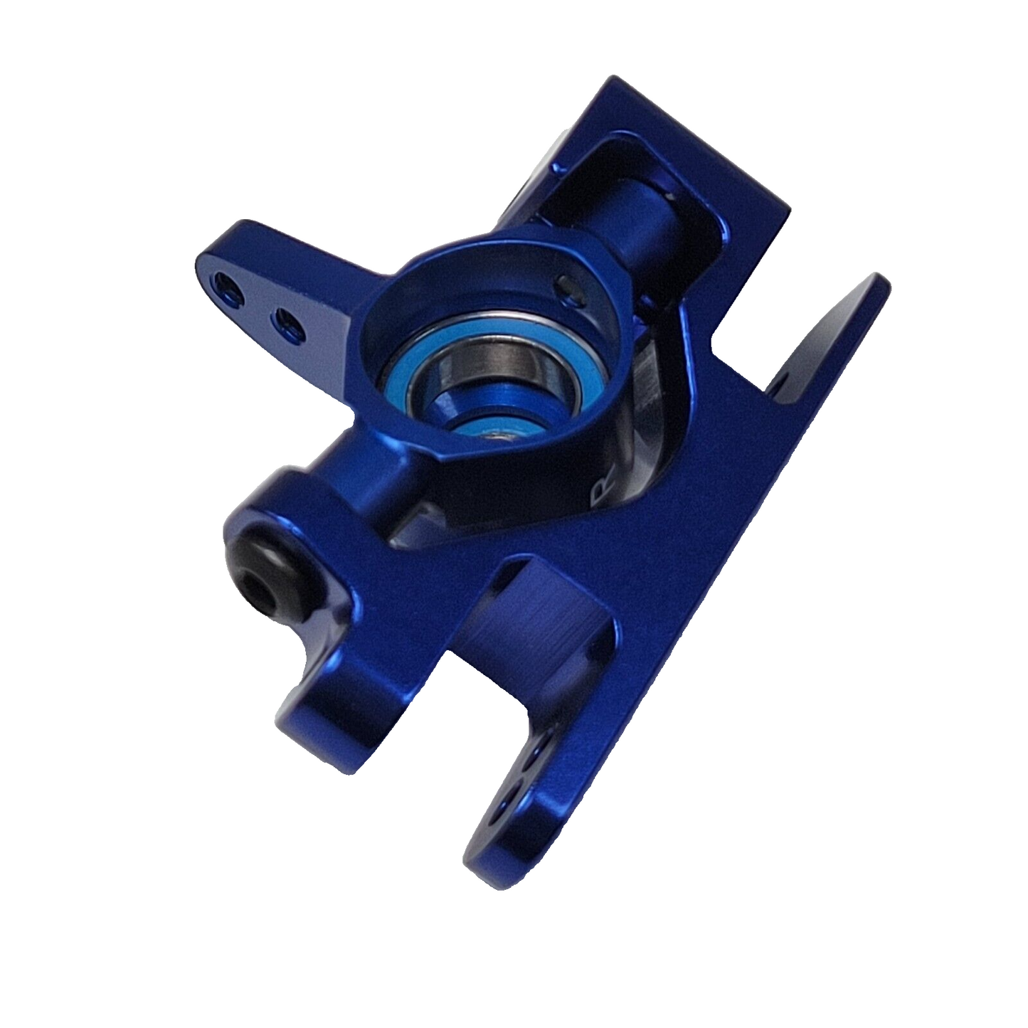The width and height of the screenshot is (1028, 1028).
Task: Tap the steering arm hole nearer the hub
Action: pos(288,326)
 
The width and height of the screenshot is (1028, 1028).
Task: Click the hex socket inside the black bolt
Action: pos(255,592)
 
